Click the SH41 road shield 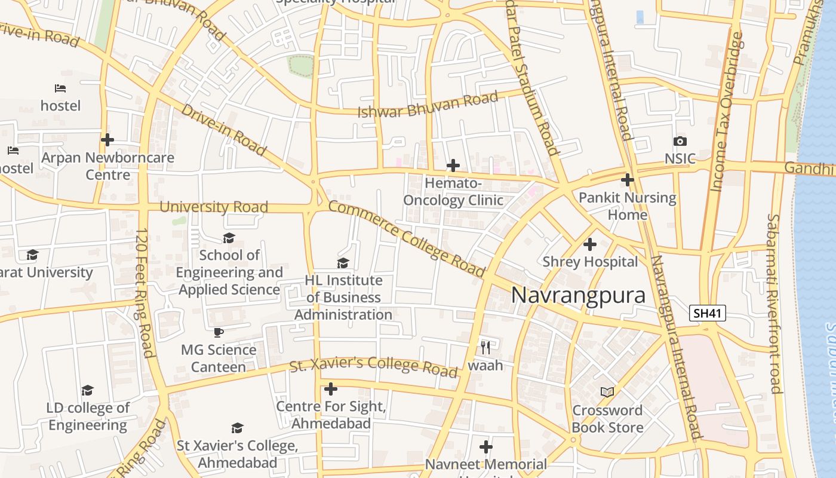coord(708,313)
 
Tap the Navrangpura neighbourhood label coord(578,296)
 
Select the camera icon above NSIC coord(680,142)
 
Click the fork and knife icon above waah coord(485,347)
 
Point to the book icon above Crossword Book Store coord(607,392)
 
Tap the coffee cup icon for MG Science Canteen coord(219,332)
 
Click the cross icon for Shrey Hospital coord(590,244)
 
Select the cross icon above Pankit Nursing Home coord(627,179)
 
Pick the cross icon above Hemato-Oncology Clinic coord(453,165)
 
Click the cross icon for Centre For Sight coord(331,390)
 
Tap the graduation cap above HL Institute coord(343,263)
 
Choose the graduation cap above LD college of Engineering coord(88,391)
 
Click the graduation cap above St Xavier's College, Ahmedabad coord(237,428)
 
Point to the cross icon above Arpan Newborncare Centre coord(107,140)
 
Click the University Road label coord(213,207)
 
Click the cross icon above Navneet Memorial coord(486,447)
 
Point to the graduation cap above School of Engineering coord(229,238)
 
